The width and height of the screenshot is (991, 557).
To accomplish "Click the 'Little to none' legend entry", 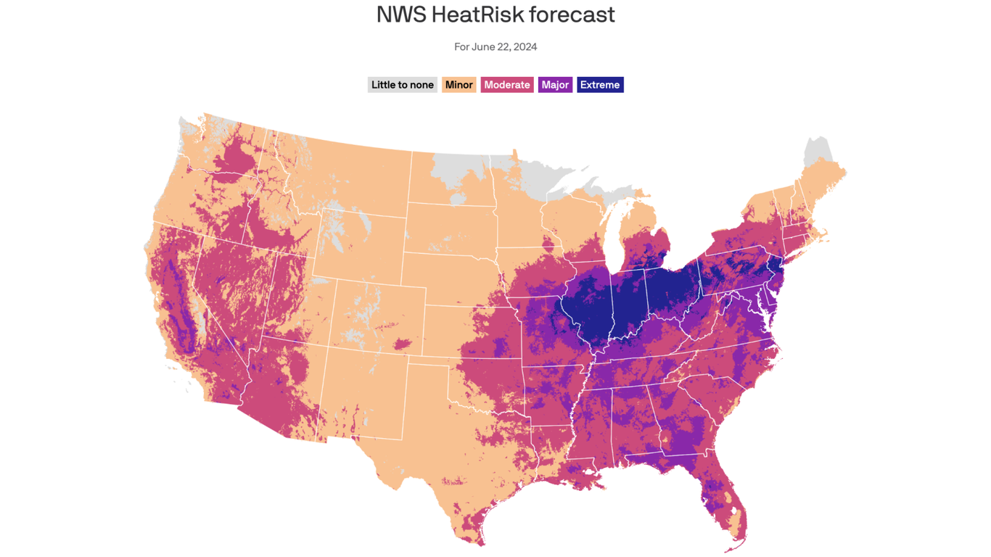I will (x=402, y=85).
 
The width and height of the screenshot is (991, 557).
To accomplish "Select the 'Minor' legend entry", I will (x=459, y=85).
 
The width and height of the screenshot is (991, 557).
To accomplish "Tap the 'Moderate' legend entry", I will (x=506, y=85).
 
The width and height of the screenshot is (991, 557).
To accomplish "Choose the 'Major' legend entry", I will (x=555, y=85).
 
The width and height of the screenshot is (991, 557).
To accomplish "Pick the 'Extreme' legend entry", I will (x=600, y=85).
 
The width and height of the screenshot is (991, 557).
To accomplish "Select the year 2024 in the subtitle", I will (x=525, y=46).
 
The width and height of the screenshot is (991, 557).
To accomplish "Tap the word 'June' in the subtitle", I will (x=483, y=46).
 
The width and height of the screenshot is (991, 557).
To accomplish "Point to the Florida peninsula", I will (x=722, y=500).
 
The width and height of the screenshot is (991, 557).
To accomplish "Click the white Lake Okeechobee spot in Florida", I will (x=734, y=511).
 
